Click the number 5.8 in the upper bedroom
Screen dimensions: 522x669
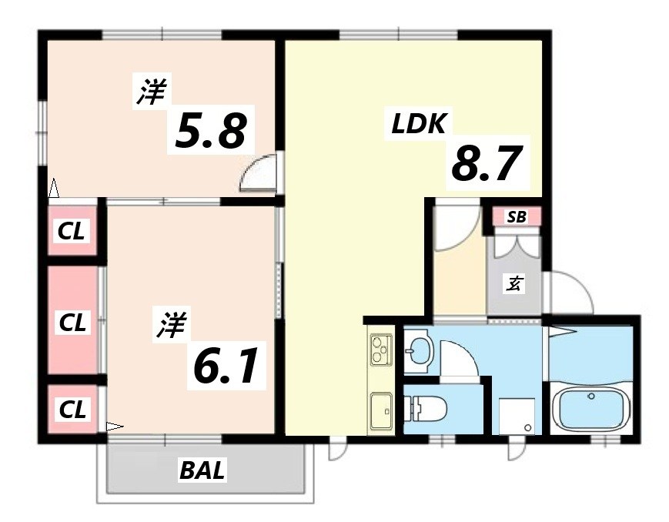tap(211, 131)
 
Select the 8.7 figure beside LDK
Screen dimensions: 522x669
tap(482, 165)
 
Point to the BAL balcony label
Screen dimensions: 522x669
tap(203, 470)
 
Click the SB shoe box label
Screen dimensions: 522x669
tap(517, 217)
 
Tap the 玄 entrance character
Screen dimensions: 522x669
tap(513, 284)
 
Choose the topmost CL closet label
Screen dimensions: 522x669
tap(73, 230)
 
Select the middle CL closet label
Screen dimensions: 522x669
tap(73, 321)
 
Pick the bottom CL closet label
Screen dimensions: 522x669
tap(73, 410)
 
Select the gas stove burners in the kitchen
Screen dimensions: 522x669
tap(380, 350)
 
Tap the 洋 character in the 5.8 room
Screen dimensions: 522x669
tap(151, 93)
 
